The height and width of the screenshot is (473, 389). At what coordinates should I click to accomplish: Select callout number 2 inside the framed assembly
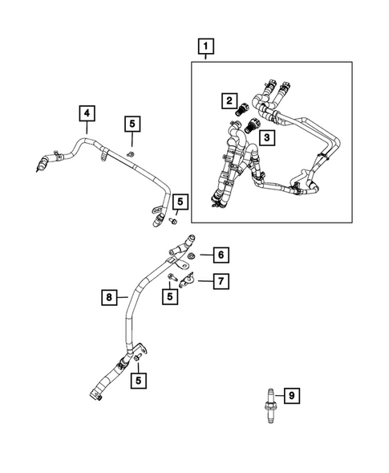229,101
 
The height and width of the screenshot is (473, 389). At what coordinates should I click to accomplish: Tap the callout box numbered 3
269,138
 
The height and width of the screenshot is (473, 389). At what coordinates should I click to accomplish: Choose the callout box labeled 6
221,255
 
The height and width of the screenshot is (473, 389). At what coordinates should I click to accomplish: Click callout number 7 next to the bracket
221,280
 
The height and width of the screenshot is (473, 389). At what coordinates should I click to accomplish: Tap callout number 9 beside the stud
293,395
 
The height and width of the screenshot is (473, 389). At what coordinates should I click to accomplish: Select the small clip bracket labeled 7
189,279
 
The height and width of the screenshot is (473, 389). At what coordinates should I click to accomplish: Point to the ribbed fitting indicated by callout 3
252,127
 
